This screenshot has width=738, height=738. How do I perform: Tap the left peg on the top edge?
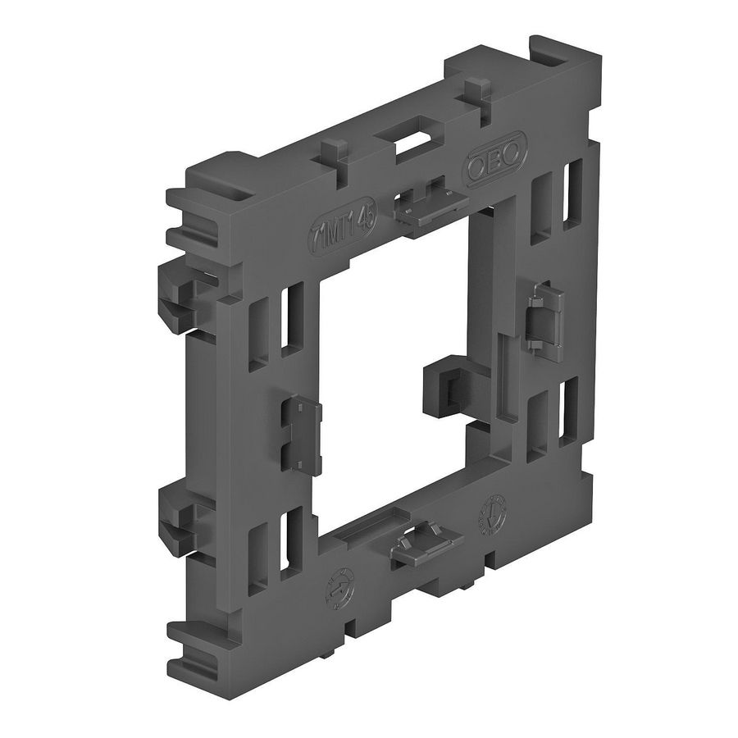point(330,157)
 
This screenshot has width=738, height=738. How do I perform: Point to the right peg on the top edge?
point(475,90)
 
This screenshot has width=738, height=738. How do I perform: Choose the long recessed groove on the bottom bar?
point(361,538)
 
